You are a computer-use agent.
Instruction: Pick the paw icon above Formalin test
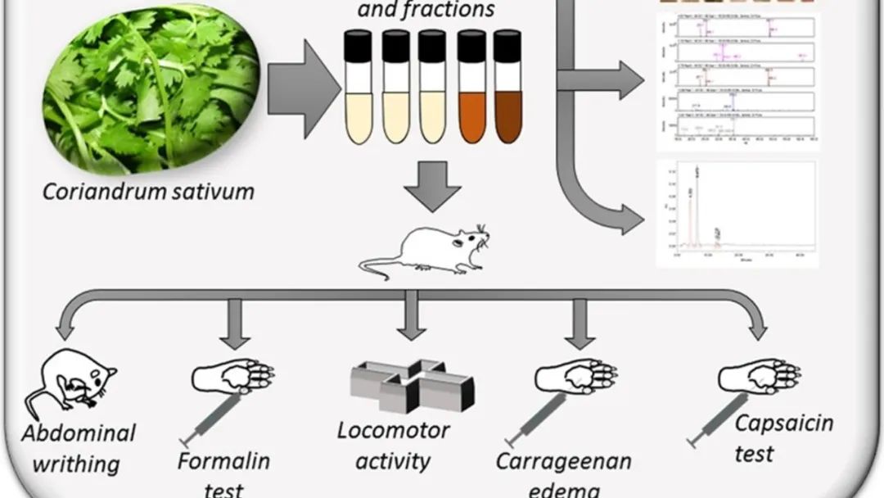coord(233,377)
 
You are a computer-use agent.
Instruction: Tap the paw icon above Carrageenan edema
coord(576,377)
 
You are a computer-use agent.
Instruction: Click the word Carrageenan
coord(564,461)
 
